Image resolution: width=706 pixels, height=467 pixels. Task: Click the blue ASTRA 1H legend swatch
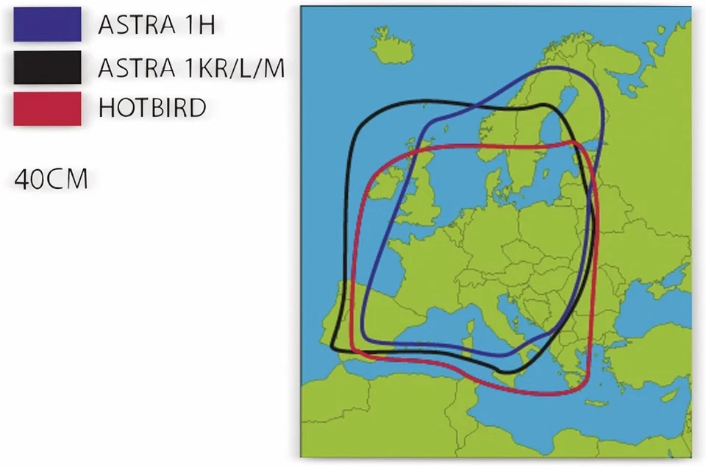click(47, 24)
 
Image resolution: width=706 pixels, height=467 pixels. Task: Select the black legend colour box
click(47, 68)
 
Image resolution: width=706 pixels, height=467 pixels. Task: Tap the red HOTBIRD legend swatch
click(47, 108)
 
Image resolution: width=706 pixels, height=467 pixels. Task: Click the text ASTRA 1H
click(156, 25)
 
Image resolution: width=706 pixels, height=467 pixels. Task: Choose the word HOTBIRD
click(152, 108)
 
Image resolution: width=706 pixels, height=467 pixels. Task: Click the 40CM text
click(51, 179)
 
